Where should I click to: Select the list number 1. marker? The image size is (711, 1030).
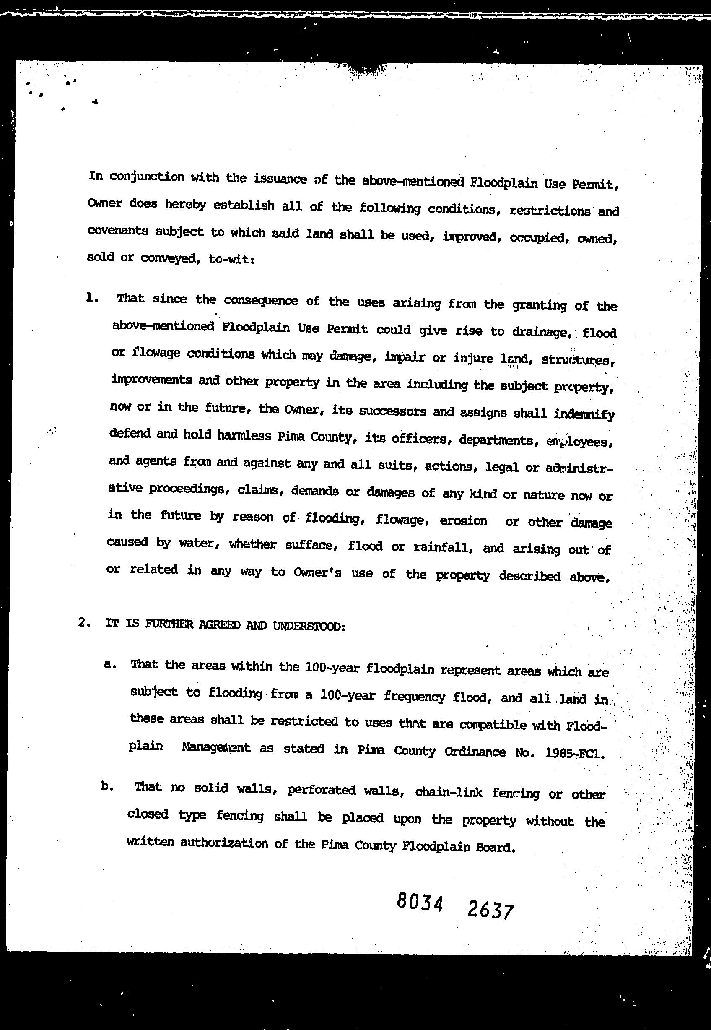click(92, 298)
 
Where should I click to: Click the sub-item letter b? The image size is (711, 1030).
click(107, 787)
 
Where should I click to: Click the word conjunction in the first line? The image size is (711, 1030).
click(147, 177)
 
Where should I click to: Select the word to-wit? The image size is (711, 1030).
click(231, 260)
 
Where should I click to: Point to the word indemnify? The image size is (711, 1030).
click(584, 414)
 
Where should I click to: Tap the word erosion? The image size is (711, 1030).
click(463, 520)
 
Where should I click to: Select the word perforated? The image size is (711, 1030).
click(321, 790)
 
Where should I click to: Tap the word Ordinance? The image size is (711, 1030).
click(475, 752)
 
